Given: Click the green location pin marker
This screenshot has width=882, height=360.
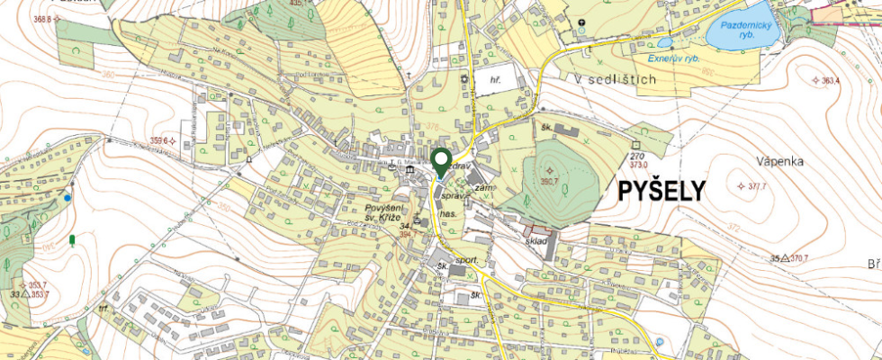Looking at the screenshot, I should tap(441, 162).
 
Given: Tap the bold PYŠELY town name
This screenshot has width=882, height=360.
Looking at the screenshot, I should tap(661, 191).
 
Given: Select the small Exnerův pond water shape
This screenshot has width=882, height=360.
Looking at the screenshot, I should tap(664, 42).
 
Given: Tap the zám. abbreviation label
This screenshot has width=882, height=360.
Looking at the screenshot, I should tap(484, 186).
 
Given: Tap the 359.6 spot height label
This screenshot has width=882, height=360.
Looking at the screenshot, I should tap(158, 140).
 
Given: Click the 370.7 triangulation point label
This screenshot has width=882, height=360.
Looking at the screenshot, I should tap(796, 258).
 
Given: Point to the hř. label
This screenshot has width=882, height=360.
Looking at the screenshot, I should tap(494, 81).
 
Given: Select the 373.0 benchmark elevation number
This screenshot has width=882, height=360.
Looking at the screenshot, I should tap(639, 165).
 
